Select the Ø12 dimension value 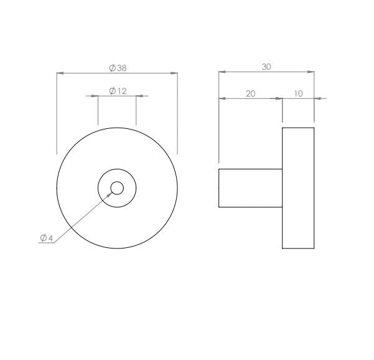pos(118,91)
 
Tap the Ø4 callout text pos(47,238)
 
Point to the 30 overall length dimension pos(266,67)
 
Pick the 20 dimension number pos(251,93)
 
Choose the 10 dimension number pos(298,93)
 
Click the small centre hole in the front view pos(117,187)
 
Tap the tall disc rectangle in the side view pos(298,187)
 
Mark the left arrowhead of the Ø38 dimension pos(60,73)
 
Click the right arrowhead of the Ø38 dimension pos(174,73)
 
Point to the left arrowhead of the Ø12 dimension pos(95,96)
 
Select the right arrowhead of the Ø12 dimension pos(139,96)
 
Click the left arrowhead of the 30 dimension pos(222,72)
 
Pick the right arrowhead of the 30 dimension pos(311,72)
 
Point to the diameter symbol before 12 pos(112,91)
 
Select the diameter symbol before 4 pos(43,238)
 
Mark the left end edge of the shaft pos(218,187)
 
